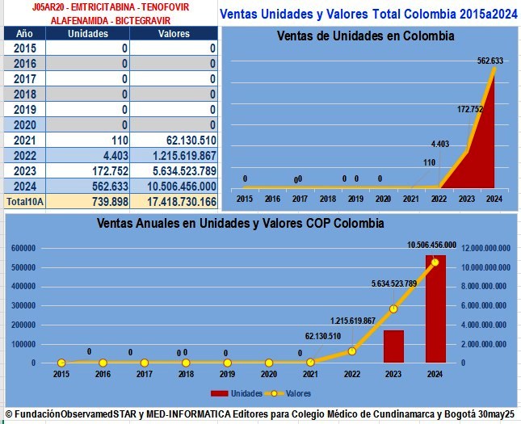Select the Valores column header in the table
(x=174, y=34)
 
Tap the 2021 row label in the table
(x=25, y=140)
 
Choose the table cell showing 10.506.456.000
(x=173, y=186)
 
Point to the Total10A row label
(x=26, y=200)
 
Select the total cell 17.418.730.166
(x=173, y=200)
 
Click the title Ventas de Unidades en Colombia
(x=365, y=36)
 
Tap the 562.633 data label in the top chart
(x=489, y=61)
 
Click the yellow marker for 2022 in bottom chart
(x=351, y=351)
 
